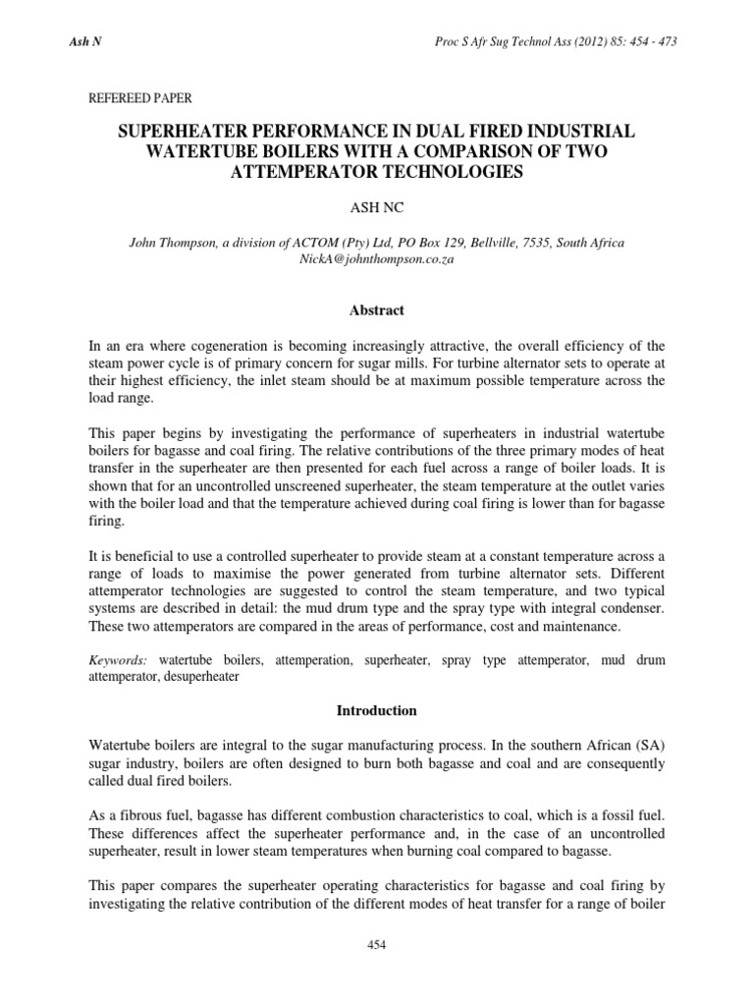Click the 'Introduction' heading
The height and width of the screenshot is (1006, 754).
point(377,710)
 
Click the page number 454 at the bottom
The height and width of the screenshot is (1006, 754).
point(377,945)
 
